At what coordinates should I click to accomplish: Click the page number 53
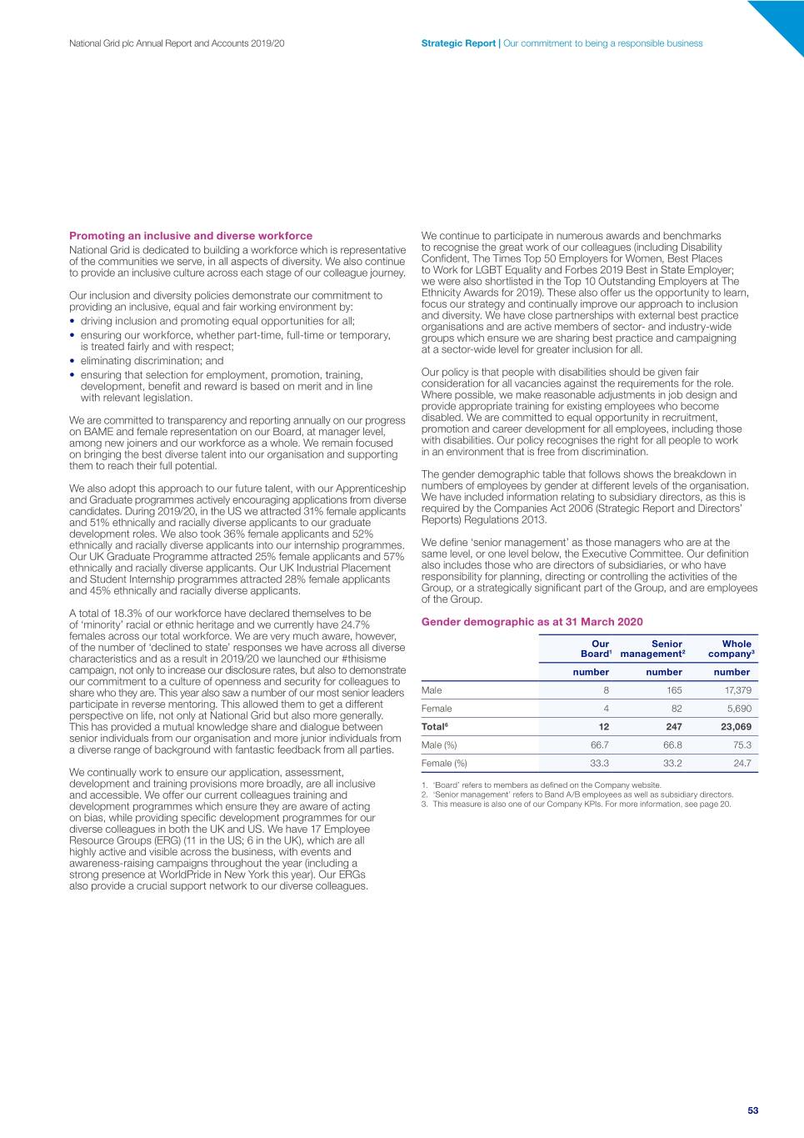coord(752,1110)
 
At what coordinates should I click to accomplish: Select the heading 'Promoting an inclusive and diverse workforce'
coord(191,236)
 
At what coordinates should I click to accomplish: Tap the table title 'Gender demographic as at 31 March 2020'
coord(532,622)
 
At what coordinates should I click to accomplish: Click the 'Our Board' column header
coord(596,649)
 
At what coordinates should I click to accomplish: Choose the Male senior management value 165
coord(674,690)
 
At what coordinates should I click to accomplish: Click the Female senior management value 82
coord(677,709)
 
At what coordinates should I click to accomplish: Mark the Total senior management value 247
coord(673,727)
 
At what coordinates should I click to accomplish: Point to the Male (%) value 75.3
coord(742,745)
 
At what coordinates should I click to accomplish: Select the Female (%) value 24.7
coord(742,764)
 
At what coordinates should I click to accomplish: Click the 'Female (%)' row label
coord(444,764)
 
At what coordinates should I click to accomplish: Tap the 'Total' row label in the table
coord(434,727)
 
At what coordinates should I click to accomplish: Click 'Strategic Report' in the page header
coord(458,43)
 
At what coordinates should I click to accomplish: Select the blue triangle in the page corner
coord(784,20)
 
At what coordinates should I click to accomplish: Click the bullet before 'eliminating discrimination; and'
coord(72,361)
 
